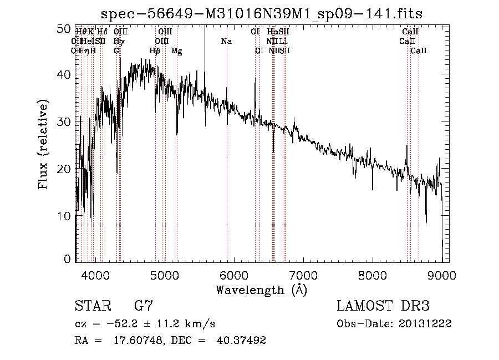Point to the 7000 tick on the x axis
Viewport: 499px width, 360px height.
point(303,275)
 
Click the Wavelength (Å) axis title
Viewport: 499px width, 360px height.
point(261,290)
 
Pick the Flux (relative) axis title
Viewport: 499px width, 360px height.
point(43,144)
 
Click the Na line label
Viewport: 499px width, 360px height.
point(226,42)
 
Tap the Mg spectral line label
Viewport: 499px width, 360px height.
point(177,51)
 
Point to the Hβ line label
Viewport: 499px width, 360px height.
point(155,51)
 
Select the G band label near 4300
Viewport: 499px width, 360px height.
point(116,51)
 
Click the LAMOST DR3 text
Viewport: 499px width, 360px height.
point(383,306)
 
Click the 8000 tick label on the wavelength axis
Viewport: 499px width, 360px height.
point(372,275)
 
